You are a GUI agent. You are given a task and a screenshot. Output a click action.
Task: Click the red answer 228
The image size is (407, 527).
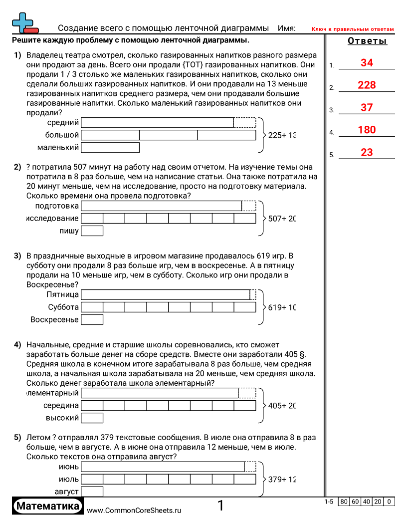(x=367, y=85)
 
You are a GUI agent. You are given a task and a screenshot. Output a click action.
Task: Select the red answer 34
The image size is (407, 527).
(x=367, y=63)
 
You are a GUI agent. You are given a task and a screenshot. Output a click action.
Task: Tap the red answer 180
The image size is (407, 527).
(x=367, y=130)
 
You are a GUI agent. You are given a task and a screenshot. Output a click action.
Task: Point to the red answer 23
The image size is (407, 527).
(x=367, y=153)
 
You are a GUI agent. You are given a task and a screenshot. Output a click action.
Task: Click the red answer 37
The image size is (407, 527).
(x=367, y=108)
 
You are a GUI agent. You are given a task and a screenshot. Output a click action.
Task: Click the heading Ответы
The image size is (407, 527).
(x=367, y=41)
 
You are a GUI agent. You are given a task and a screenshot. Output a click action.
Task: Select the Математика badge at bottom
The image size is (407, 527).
(x=48, y=506)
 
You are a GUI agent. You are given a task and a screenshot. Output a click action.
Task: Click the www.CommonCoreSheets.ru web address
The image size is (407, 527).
(x=134, y=511)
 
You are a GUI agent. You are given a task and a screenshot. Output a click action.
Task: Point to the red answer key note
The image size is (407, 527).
(x=353, y=29)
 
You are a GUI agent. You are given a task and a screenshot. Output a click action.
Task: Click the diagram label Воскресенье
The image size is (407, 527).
(x=54, y=319)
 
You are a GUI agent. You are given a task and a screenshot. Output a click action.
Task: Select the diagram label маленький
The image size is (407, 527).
(x=58, y=147)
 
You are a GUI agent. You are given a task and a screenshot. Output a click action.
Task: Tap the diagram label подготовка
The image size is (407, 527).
(x=57, y=206)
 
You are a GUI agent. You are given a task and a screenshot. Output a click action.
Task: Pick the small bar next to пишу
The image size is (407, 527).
(x=92, y=231)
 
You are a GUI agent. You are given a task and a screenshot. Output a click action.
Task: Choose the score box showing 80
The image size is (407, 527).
(x=344, y=502)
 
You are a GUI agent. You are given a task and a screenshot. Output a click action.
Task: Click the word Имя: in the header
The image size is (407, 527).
(x=287, y=28)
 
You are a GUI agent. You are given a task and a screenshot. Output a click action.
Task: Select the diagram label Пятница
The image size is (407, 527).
(x=63, y=295)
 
